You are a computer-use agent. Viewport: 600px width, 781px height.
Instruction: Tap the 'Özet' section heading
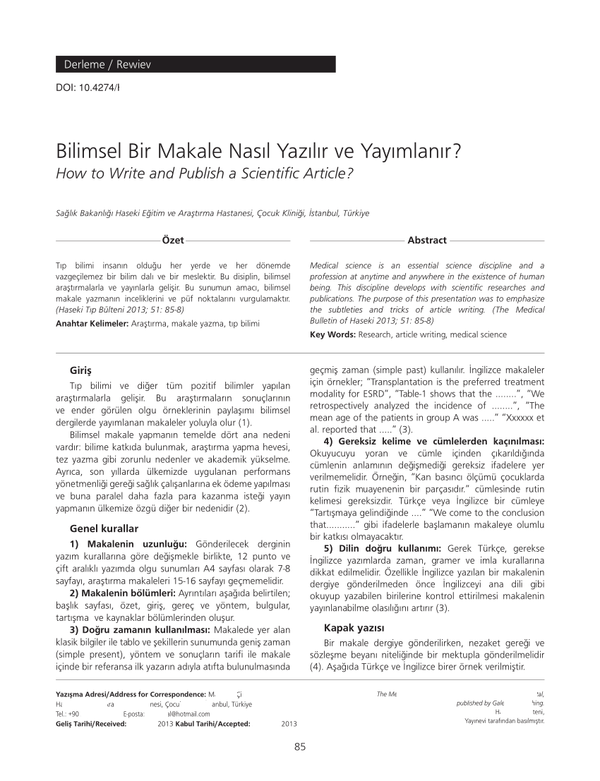click(x=173, y=241)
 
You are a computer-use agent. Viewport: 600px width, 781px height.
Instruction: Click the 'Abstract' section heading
click(x=427, y=241)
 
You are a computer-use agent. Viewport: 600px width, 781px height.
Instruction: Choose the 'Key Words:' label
click(x=333, y=335)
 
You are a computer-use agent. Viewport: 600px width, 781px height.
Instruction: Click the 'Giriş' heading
click(x=80, y=370)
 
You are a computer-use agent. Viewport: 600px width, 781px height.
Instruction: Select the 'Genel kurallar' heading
click(x=104, y=528)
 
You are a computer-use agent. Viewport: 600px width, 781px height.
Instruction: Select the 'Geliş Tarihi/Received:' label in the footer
click(x=91, y=724)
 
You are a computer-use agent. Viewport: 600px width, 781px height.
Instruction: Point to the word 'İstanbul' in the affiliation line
click(x=324, y=213)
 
